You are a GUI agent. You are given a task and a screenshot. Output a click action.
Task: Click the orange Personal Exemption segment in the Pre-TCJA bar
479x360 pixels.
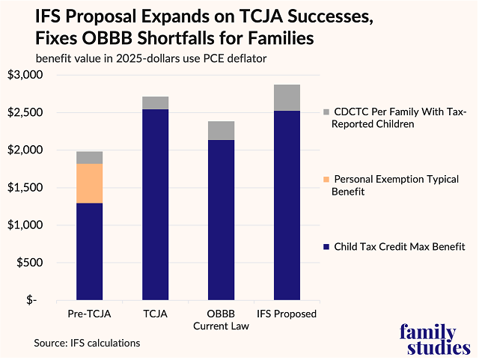(x=89, y=183)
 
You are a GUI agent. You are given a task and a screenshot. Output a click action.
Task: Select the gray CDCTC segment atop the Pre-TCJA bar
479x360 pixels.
(x=89, y=157)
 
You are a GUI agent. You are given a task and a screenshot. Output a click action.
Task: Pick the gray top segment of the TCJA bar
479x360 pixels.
(x=155, y=103)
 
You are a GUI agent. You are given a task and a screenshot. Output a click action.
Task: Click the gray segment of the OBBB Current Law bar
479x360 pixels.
(x=221, y=130)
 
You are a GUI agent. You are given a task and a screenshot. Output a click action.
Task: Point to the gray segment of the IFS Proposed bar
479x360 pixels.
(x=287, y=97)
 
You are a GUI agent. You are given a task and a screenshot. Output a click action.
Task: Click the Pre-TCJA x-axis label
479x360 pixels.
(x=89, y=314)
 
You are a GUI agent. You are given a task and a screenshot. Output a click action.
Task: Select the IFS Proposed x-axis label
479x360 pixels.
(x=287, y=314)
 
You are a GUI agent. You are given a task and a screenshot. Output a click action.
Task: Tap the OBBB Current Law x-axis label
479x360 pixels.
(x=221, y=320)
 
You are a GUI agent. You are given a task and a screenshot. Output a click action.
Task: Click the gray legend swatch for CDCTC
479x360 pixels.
(x=327, y=112)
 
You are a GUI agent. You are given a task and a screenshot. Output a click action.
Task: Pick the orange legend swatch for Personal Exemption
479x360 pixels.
(x=327, y=179)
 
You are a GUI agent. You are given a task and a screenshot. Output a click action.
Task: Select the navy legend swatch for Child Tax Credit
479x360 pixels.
(x=327, y=246)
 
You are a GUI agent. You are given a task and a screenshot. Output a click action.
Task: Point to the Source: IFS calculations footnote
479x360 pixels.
(x=87, y=343)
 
